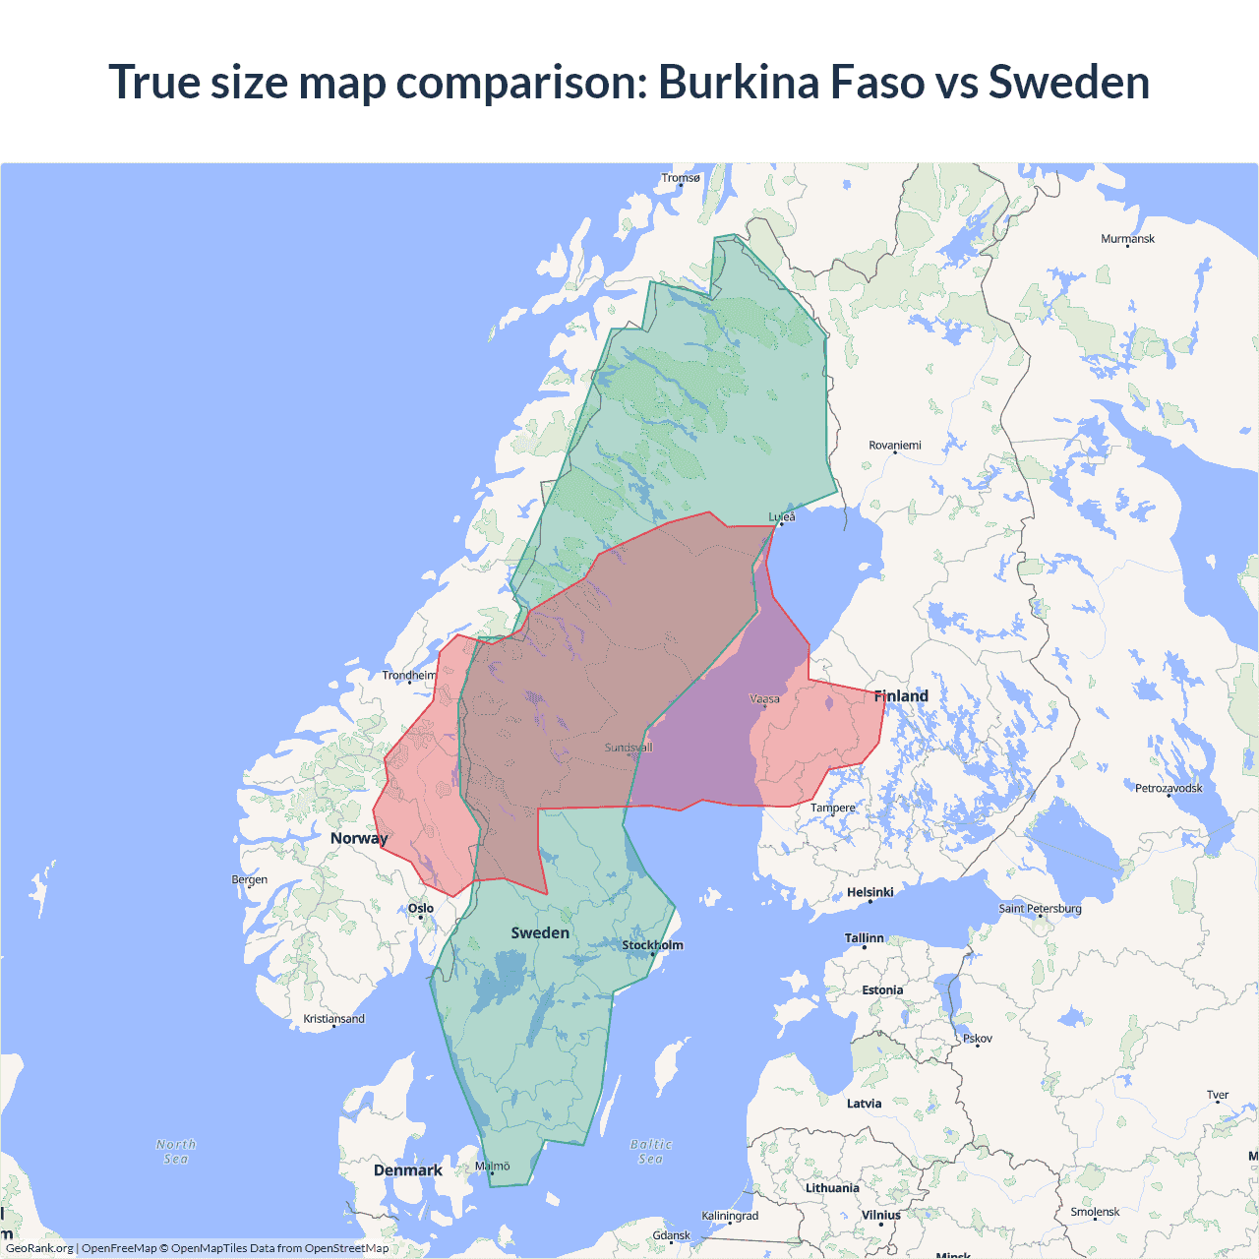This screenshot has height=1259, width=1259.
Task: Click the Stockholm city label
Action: click(x=652, y=945)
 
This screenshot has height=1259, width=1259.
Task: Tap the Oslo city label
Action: click(x=421, y=908)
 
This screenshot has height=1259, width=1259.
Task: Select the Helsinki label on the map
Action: click(x=870, y=892)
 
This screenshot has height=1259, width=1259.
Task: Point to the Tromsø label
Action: click(x=681, y=178)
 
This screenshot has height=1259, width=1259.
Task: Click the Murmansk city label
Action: click(x=1127, y=239)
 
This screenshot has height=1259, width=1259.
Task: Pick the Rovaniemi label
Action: click(x=895, y=446)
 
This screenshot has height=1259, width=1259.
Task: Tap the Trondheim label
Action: click(x=409, y=676)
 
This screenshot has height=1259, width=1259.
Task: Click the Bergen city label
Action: click(x=250, y=879)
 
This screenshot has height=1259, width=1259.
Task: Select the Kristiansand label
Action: click(x=334, y=1019)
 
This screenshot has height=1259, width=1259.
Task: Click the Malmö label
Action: click(x=493, y=1167)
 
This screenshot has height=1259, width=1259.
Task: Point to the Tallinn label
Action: click(x=865, y=938)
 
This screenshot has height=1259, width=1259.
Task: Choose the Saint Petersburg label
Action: click(x=1040, y=908)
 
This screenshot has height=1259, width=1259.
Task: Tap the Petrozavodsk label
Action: click(x=1169, y=788)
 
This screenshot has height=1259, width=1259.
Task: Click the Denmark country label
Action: click(x=408, y=1170)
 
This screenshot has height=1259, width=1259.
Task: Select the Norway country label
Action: click(x=359, y=838)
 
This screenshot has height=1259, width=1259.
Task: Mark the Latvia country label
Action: click(x=865, y=1104)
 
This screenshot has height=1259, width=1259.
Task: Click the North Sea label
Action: click(x=176, y=1152)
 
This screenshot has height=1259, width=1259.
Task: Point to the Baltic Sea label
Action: click(x=651, y=1152)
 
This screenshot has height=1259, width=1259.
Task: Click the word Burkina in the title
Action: click(x=738, y=82)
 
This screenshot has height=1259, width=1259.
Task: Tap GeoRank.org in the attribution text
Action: click(x=39, y=1248)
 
